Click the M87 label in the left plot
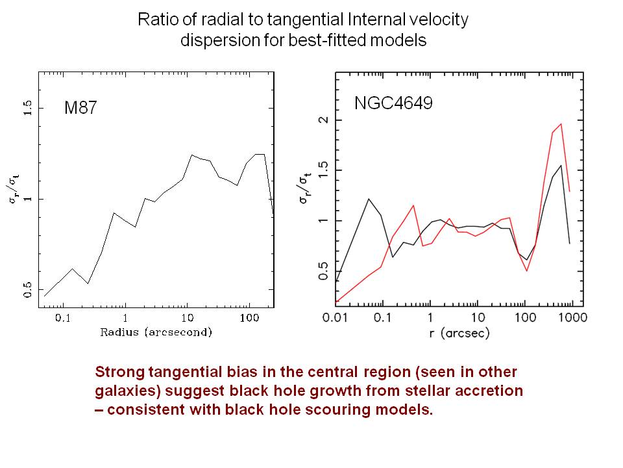pos(80,109)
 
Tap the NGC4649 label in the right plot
pos(393,103)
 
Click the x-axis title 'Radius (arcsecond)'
pos(156,332)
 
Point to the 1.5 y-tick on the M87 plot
pos(27,109)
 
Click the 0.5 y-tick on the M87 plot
pos(27,290)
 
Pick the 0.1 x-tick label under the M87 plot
pos(63,318)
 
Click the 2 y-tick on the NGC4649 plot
pos(323,120)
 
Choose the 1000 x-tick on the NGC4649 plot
pos(571,319)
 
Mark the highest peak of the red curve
pos(561,123)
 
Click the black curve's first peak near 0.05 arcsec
pos(369,199)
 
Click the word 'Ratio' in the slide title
pos(156,19)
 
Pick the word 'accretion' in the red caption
pos(491,392)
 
